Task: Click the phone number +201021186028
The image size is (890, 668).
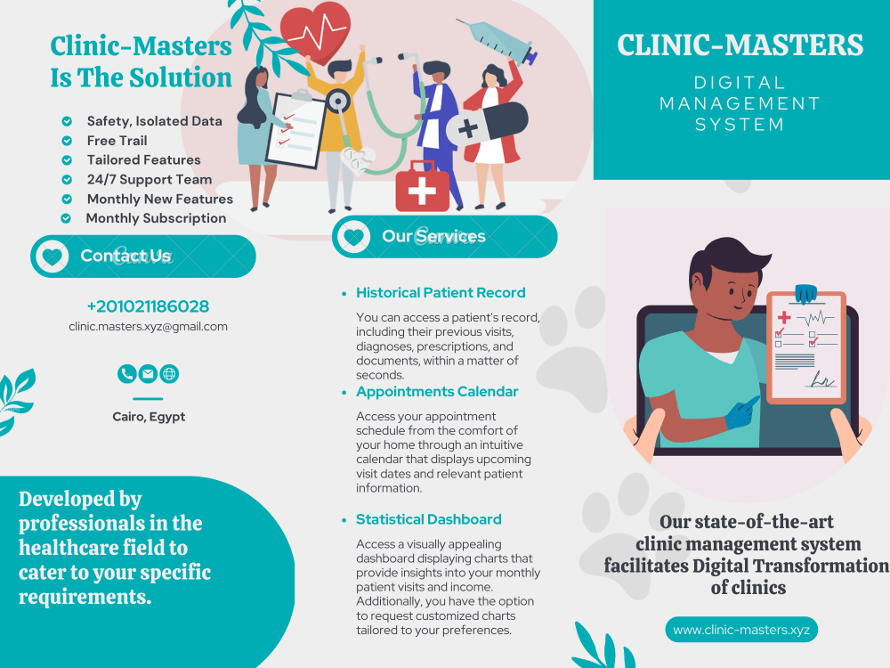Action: (x=148, y=306)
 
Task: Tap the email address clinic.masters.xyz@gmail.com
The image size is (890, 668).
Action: (x=148, y=327)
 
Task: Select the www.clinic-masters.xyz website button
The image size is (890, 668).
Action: (x=741, y=630)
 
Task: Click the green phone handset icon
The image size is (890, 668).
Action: (x=126, y=374)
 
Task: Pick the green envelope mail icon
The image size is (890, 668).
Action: (x=148, y=374)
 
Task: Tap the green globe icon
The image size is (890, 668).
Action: (x=169, y=374)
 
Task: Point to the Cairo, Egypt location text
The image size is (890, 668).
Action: (x=149, y=417)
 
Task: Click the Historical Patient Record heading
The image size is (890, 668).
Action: (x=441, y=292)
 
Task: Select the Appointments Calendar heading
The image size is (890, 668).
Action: (x=437, y=391)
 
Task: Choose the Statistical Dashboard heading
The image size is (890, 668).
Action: (x=429, y=519)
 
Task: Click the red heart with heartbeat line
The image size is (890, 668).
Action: (x=316, y=31)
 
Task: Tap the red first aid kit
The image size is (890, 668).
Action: (x=422, y=187)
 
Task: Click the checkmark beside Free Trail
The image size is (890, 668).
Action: (x=67, y=141)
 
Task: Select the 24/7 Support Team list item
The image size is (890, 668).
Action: (x=150, y=180)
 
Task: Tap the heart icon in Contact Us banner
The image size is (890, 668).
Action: (x=53, y=257)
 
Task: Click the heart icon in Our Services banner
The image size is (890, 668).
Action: (x=353, y=236)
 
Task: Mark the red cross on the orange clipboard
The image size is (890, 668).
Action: (x=784, y=317)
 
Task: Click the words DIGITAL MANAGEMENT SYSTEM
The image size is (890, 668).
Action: (x=740, y=103)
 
